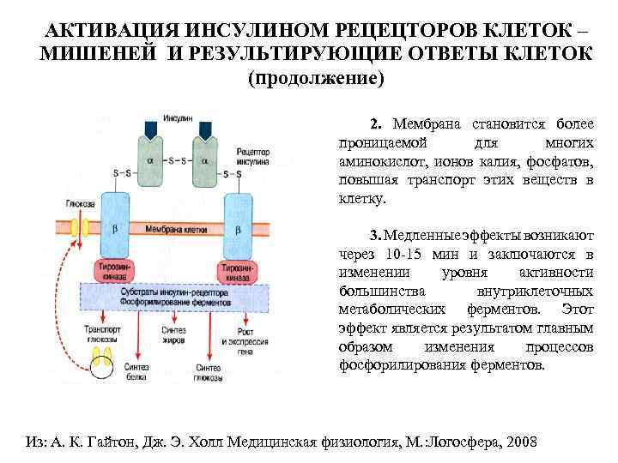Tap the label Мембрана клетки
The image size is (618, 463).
coord(176,231)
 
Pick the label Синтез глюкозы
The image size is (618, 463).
coord(209,373)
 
